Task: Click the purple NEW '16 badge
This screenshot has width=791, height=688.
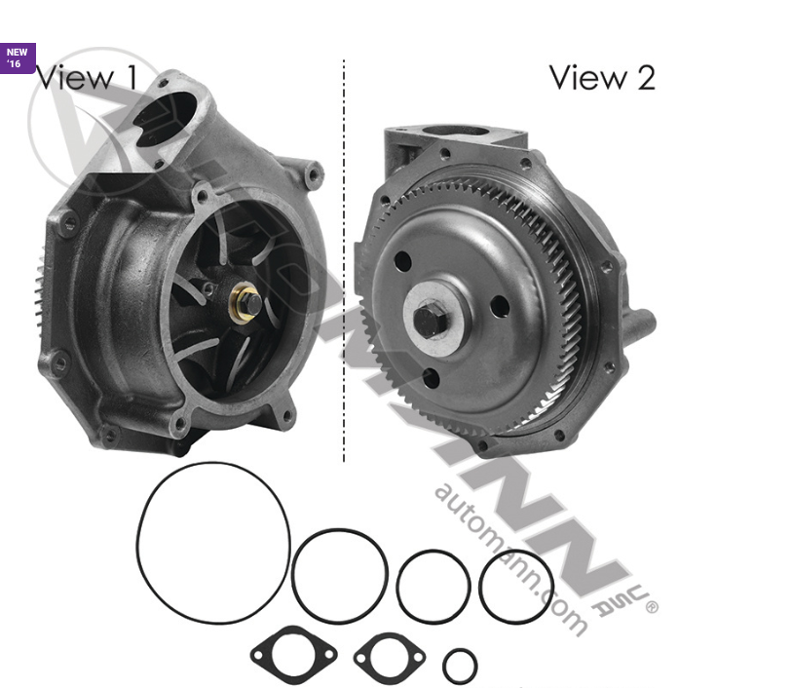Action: coord(19,57)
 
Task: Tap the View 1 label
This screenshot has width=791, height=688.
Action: coord(88,77)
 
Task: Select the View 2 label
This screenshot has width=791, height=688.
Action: coord(602,77)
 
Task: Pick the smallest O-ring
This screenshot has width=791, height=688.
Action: coord(460,667)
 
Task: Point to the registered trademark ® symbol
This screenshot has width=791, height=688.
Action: coord(652,606)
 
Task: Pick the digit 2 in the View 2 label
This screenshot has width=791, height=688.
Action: coord(644,77)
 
